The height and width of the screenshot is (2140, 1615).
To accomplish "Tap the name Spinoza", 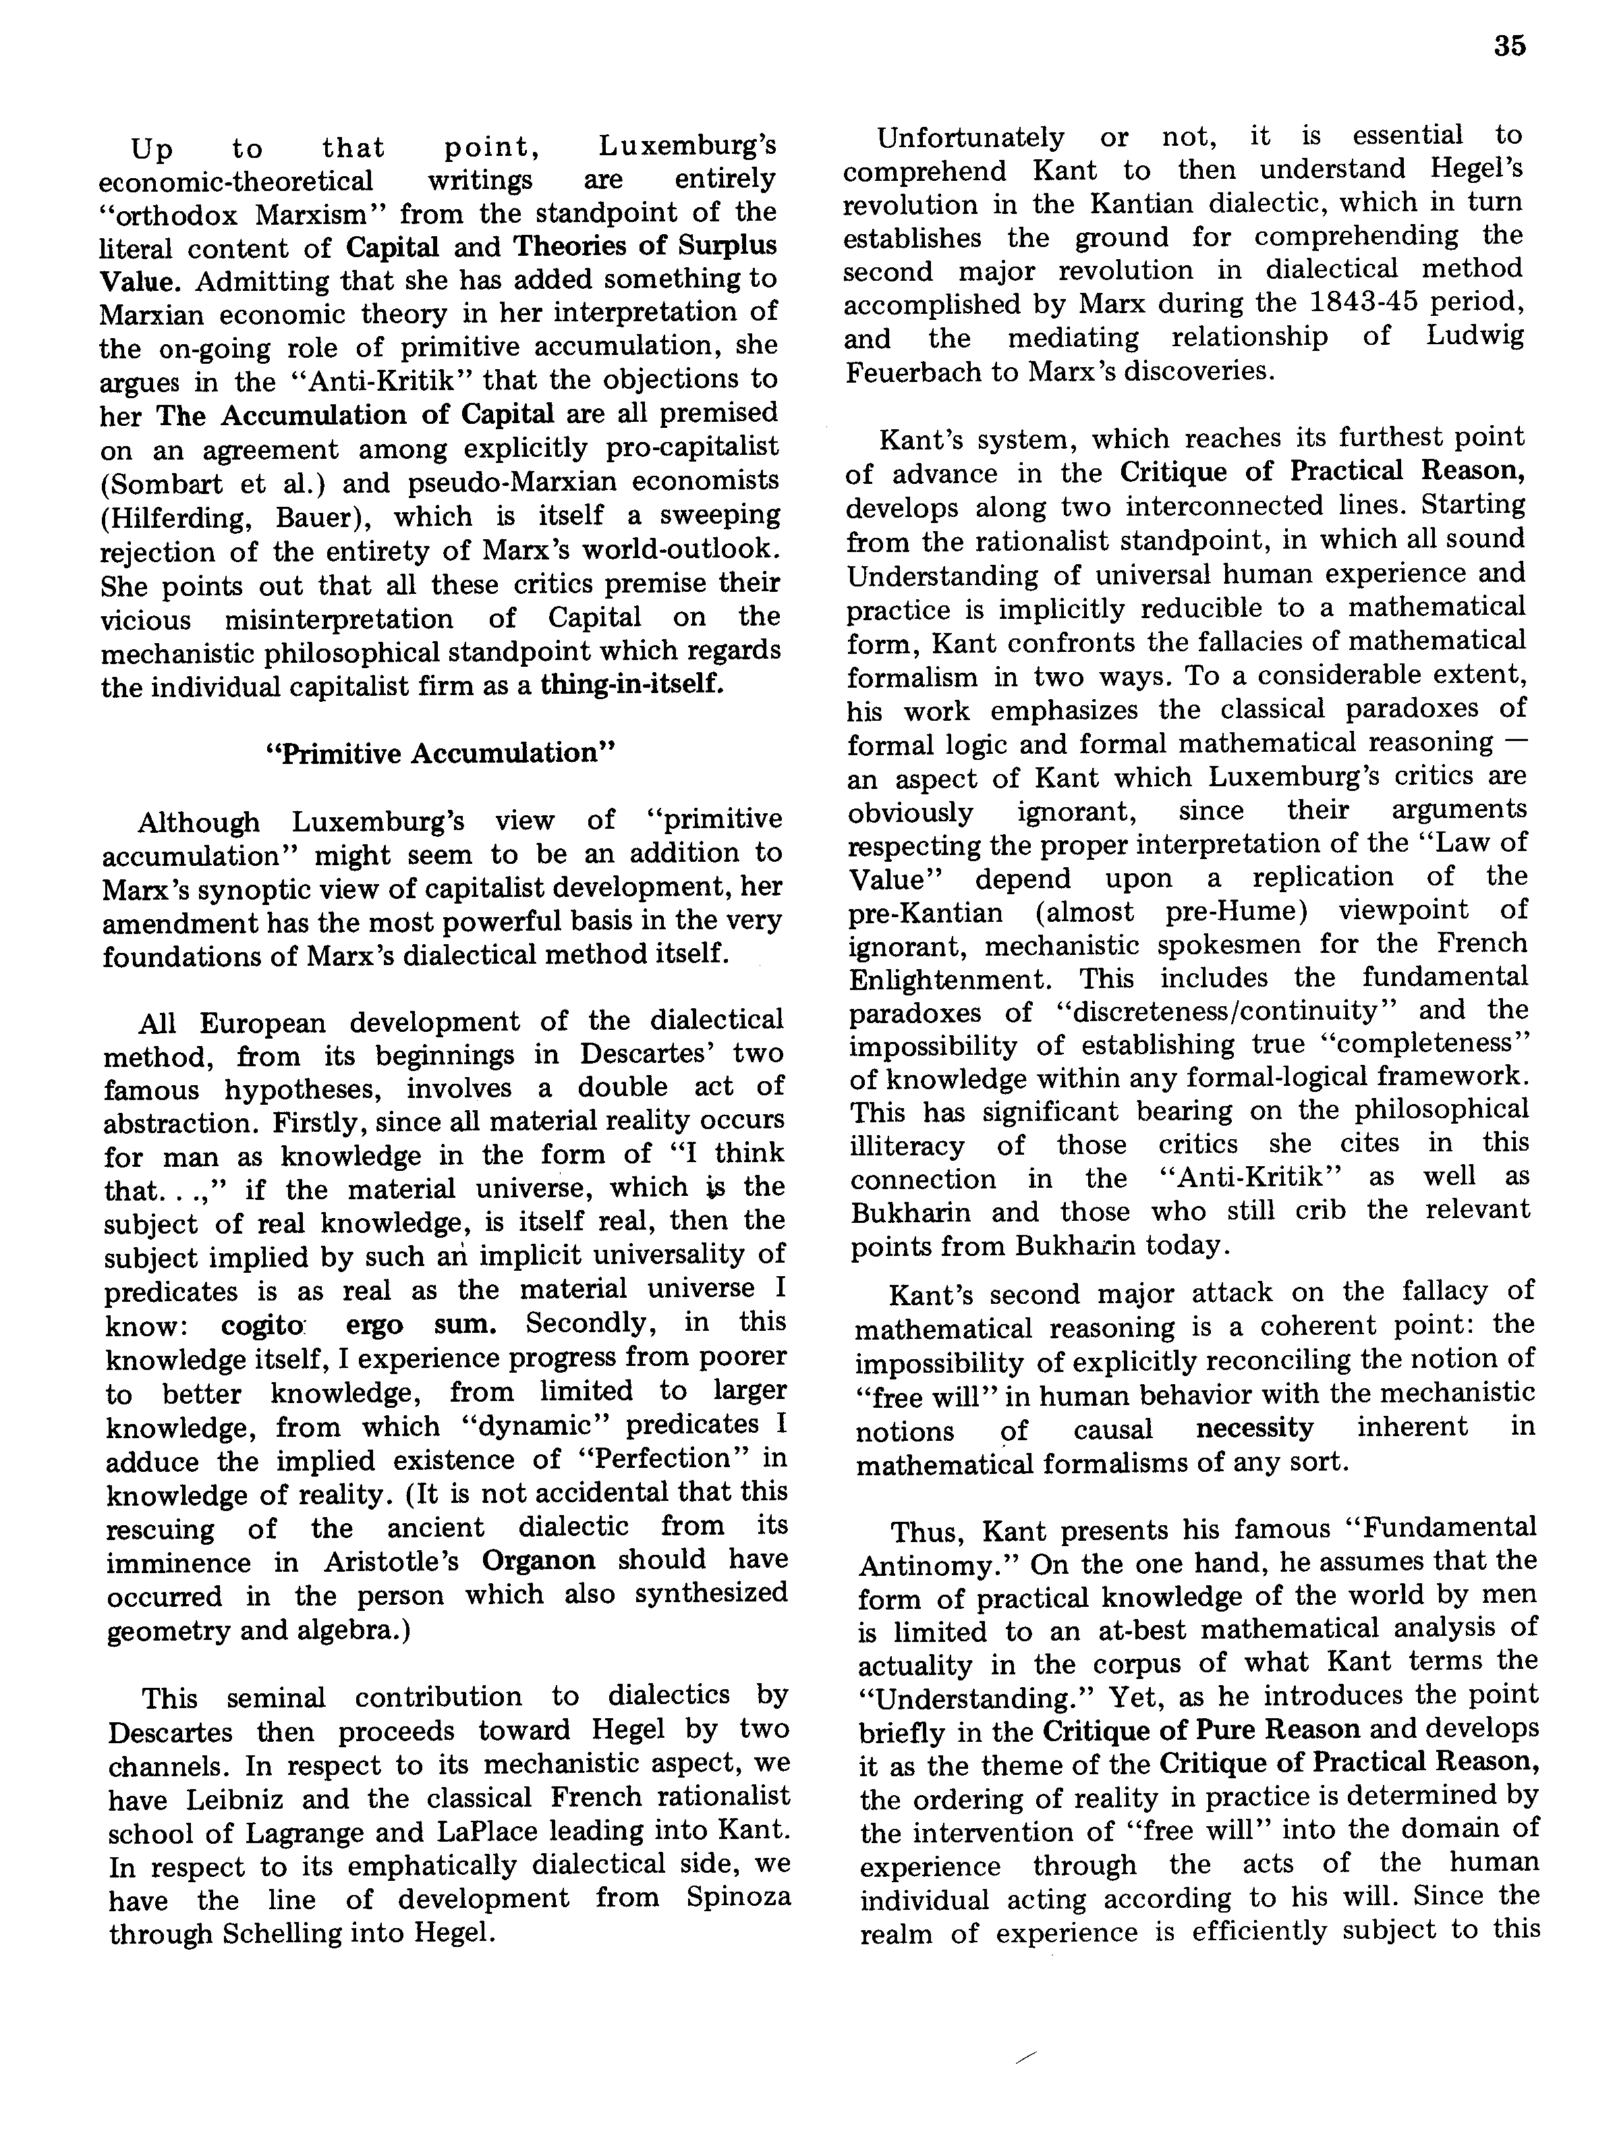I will (x=739, y=1897).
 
